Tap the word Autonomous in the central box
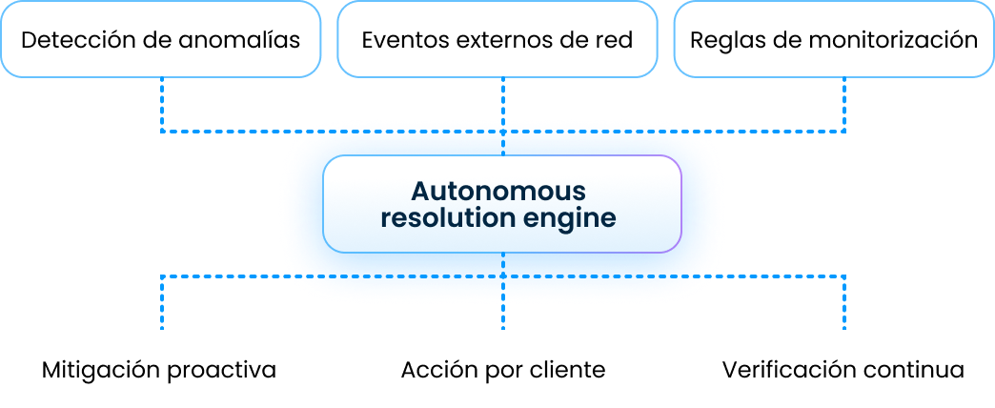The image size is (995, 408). [x=498, y=191]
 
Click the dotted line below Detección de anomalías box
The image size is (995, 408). [x=162, y=105]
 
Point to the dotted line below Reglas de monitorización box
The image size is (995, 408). [x=844, y=105]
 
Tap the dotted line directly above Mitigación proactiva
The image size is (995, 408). [x=162, y=303]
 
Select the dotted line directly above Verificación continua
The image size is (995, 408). [x=844, y=303]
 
